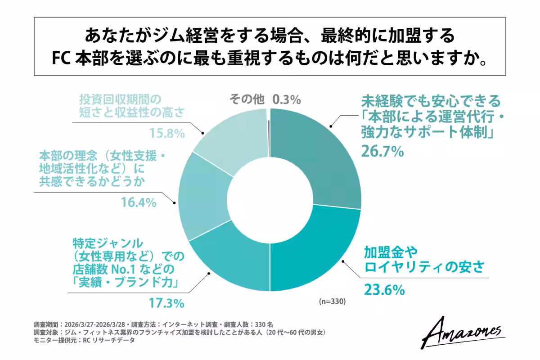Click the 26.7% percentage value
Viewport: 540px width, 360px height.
click(382, 152)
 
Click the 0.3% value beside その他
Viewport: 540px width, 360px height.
click(286, 99)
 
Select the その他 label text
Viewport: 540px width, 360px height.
click(247, 99)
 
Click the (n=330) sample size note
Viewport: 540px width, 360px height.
click(332, 301)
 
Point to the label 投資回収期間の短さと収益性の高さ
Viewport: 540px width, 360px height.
click(130, 106)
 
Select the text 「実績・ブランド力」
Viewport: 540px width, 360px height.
click(124, 283)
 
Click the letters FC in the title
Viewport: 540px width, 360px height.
click(60, 58)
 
